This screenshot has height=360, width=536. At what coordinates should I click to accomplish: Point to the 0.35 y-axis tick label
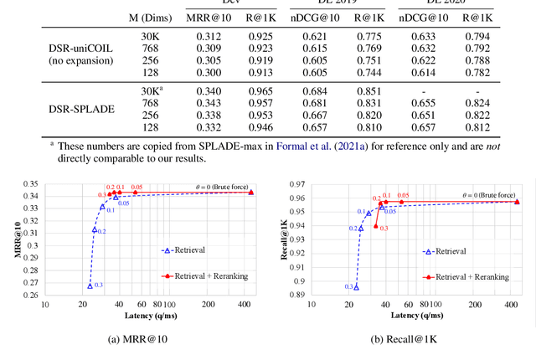click(54, 183)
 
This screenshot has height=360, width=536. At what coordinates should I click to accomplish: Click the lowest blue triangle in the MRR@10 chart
click(90, 285)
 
